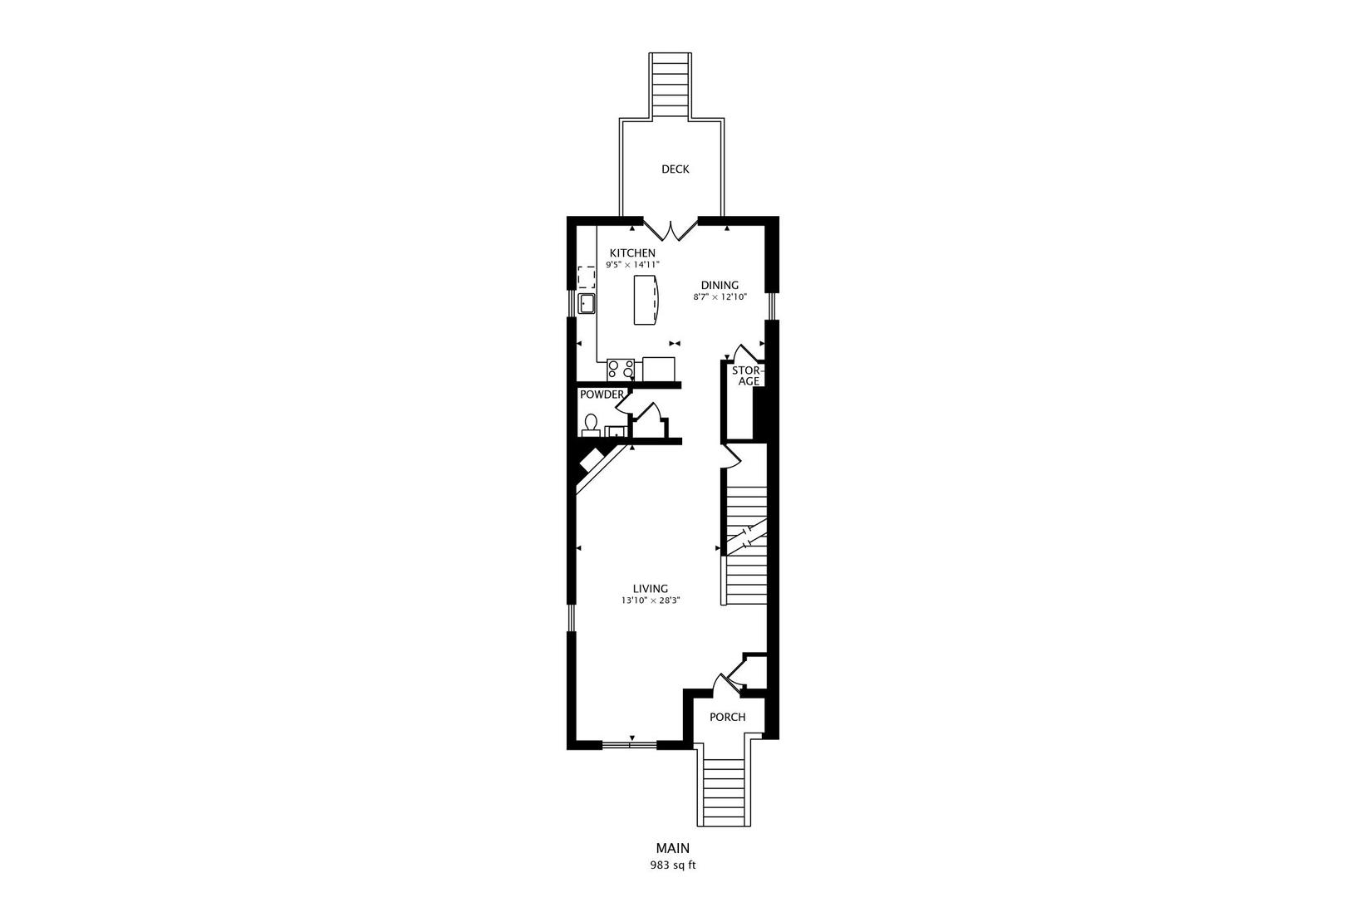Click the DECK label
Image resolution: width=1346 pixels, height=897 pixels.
[x=675, y=169]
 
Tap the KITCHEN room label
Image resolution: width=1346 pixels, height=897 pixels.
[x=632, y=253]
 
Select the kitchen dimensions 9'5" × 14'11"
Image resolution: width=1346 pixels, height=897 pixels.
[x=632, y=265]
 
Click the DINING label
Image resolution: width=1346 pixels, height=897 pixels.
[x=719, y=285]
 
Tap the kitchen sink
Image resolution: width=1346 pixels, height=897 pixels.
[x=587, y=303]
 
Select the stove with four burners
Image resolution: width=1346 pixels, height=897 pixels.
[x=620, y=370]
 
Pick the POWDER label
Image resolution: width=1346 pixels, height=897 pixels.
[x=602, y=395]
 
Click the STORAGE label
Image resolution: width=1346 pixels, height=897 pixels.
[x=746, y=375]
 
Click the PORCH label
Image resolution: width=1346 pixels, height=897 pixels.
[x=727, y=717]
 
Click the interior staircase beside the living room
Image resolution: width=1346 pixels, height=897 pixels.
[x=745, y=548]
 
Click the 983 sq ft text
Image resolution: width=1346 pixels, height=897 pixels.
[x=672, y=865]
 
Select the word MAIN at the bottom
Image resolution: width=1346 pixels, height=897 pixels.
[x=672, y=849]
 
